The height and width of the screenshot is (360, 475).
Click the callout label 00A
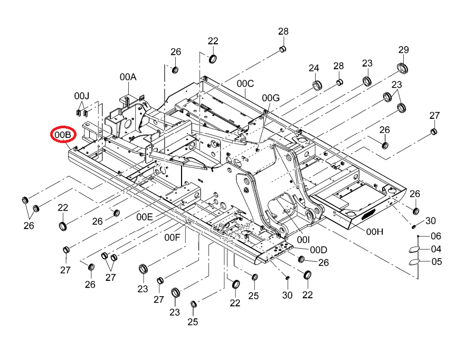(x=128, y=77)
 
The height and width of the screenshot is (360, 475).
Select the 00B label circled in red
(x=63, y=134)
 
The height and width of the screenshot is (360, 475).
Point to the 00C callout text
(x=245, y=83)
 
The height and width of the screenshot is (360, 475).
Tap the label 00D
(x=319, y=250)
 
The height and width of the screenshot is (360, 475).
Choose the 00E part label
(x=145, y=217)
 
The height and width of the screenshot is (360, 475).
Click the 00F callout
(x=173, y=238)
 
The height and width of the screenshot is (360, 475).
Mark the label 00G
(x=271, y=98)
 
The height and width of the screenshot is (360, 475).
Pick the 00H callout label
(x=375, y=232)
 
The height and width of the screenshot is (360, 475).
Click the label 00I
(x=303, y=240)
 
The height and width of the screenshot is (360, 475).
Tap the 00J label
(x=82, y=96)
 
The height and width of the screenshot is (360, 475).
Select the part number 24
(x=314, y=68)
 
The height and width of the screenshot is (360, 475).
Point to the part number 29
(x=404, y=50)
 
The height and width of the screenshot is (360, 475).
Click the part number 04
(x=436, y=249)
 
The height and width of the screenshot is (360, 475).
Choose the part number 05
(x=436, y=261)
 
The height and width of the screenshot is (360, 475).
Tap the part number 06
(x=436, y=236)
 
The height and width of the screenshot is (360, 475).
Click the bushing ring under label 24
(x=317, y=85)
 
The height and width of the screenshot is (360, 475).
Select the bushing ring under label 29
(x=402, y=68)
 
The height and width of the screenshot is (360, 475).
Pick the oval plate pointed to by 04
(x=414, y=250)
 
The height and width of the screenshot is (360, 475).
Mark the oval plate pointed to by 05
(x=414, y=262)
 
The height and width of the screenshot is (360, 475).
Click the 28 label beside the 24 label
(x=339, y=66)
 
